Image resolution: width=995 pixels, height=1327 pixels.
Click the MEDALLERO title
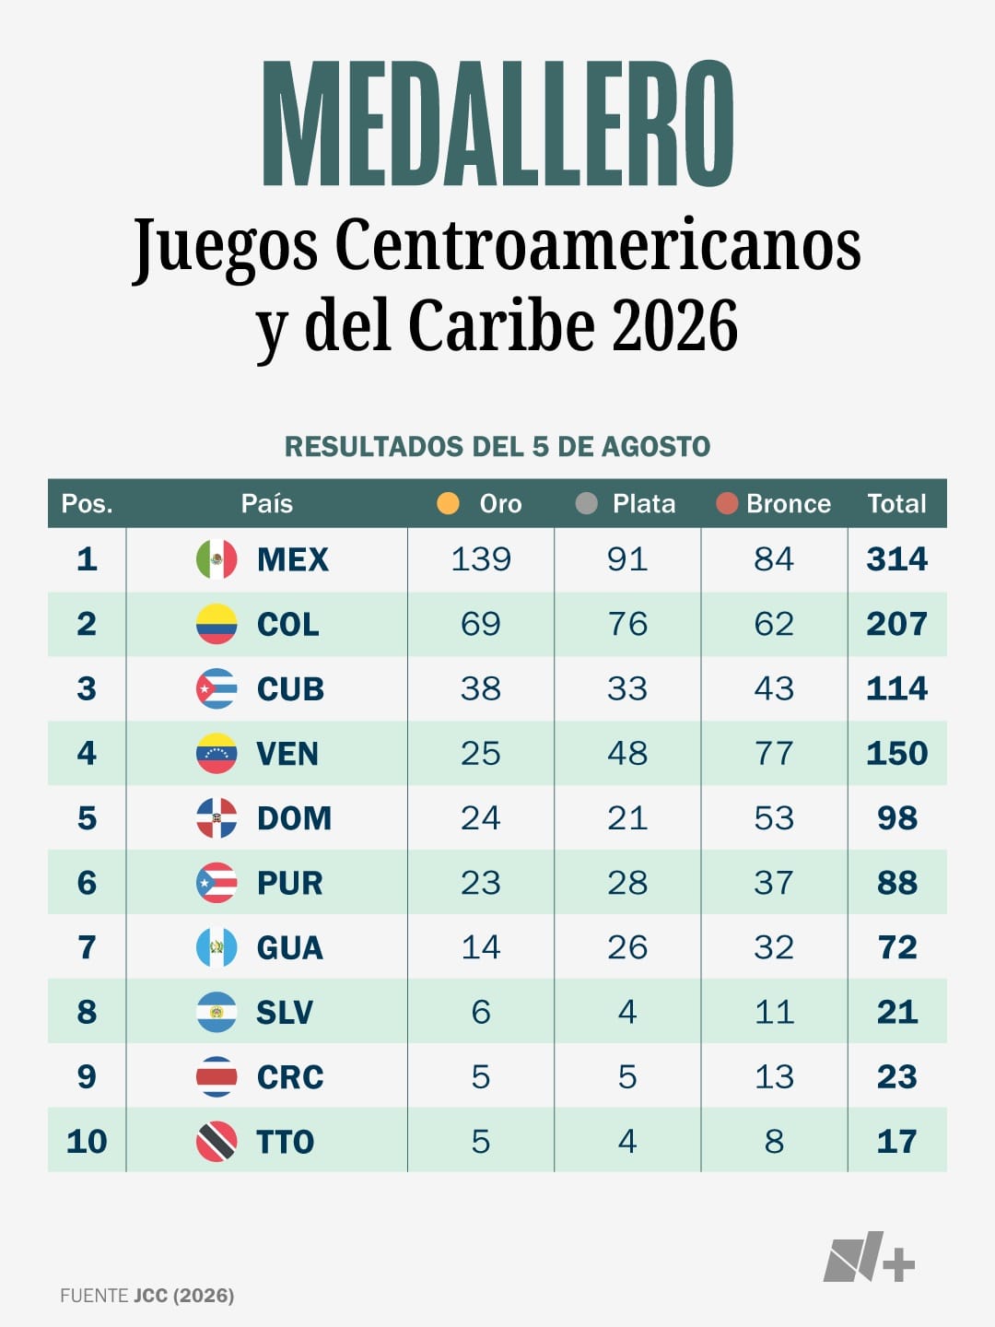(x=497, y=123)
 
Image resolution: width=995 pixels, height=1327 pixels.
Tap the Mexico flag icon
(x=217, y=559)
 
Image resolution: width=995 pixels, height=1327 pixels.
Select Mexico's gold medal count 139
(x=481, y=559)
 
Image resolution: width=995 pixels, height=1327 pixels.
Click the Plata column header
(x=644, y=503)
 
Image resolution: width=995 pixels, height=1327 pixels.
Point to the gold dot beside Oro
(x=448, y=503)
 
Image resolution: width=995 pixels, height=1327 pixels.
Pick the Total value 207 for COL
(x=897, y=624)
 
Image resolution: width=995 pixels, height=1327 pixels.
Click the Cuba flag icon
(x=217, y=688)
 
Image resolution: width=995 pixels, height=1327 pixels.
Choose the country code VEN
(x=287, y=754)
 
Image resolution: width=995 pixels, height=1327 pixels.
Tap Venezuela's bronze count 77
(x=774, y=753)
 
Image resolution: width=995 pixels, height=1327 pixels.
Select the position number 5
(x=87, y=818)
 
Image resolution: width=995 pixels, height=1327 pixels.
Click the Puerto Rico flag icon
(x=217, y=883)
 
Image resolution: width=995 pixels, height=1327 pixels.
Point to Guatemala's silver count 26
(x=627, y=947)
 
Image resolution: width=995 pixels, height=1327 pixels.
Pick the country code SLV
(x=285, y=1012)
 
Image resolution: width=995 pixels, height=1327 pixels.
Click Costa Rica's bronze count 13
(x=774, y=1076)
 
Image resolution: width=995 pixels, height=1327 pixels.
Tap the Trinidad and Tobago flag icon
(x=217, y=1142)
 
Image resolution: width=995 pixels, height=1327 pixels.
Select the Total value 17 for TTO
(x=897, y=1142)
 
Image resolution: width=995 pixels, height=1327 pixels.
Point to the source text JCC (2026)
(x=183, y=1296)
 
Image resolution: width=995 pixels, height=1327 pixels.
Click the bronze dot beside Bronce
(x=727, y=503)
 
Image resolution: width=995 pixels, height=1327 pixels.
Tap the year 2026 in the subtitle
(x=674, y=325)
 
